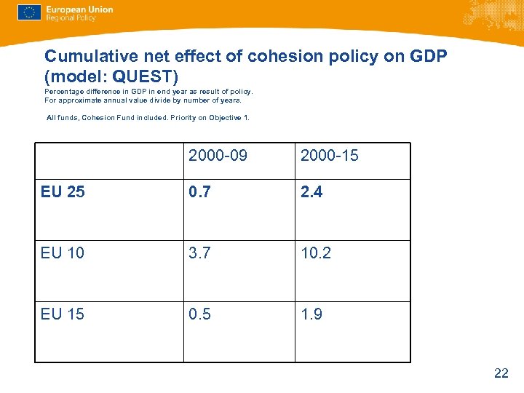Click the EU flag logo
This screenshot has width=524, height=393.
coord(29,12)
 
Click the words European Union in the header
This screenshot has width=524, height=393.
coord(79,9)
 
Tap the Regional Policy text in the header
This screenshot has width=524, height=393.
coord(71,18)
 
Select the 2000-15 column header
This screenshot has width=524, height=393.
coord(330,156)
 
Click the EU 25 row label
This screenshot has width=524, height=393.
coord(63,192)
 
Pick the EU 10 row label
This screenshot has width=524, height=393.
coord(63,253)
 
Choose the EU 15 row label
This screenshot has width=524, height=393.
coord(63,314)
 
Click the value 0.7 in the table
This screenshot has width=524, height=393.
coord(200,192)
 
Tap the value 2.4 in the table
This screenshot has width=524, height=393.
coord(311,192)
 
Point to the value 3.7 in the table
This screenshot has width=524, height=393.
coord(200,253)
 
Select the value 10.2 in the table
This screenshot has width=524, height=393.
coord(317,253)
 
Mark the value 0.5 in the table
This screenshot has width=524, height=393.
coord(200,314)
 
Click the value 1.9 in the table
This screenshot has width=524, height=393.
coord(311,314)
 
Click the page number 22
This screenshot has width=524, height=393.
coord(501,373)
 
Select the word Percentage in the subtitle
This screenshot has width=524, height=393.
coord(64,92)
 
